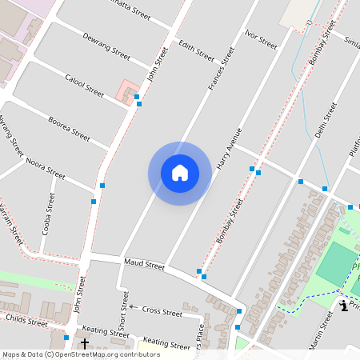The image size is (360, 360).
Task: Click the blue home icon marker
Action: (x=180, y=173)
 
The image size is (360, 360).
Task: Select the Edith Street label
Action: (x=197, y=50)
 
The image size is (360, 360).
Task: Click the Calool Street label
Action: (x=84, y=86)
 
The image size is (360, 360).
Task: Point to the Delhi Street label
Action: (x=326, y=120)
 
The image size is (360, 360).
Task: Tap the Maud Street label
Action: (x=144, y=265)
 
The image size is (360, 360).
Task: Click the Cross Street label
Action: (x=162, y=310)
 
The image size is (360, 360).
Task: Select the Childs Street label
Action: (x=26, y=321)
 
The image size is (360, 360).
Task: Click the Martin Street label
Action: (x=322, y=327)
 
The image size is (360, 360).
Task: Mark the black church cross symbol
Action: (x=85, y=344)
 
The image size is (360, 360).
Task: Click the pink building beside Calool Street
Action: (x=127, y=91)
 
